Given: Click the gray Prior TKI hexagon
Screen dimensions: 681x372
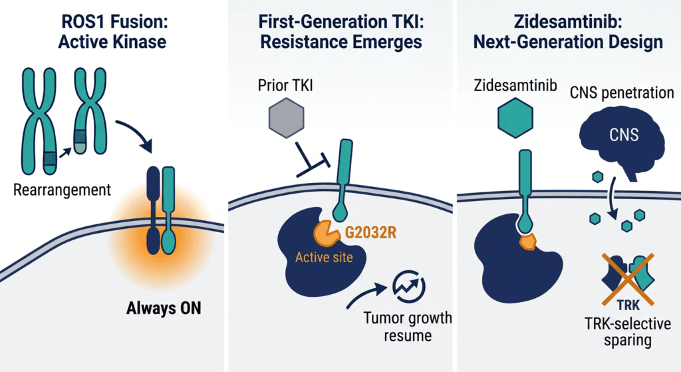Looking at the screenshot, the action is coord(286,118).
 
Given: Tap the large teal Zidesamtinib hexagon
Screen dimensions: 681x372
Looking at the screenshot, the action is coord(515,118).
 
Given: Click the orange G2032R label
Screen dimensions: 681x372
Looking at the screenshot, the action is coord(370,232).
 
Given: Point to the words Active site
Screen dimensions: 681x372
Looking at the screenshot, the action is coord(324,258).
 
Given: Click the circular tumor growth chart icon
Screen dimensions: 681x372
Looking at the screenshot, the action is coord(409,286).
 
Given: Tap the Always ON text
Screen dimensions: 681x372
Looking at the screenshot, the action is coord(164,308).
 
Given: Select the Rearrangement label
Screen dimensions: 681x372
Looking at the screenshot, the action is coord(62,190).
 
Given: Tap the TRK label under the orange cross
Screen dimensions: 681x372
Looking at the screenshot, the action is coord(628,305).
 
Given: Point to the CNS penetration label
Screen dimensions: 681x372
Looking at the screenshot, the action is coord(622,93).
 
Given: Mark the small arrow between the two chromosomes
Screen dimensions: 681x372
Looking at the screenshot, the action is coord(65,152).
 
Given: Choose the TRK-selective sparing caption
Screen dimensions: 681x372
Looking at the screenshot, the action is coord(628,332).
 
